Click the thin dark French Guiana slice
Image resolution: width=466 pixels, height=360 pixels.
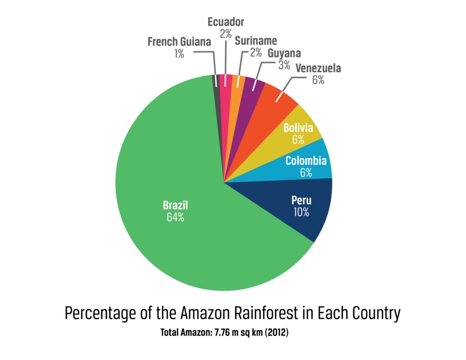217,91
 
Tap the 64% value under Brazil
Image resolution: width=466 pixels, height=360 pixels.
175,217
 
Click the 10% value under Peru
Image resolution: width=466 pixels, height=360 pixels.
301,212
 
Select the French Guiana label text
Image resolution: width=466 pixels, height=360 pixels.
179,42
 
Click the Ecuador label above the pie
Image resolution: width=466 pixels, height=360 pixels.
226,22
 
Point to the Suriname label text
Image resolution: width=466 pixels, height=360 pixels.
256,41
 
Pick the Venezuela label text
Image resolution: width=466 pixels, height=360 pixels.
318,69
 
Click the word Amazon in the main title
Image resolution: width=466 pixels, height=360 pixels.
208,314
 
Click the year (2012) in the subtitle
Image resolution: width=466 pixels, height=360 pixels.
275,333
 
